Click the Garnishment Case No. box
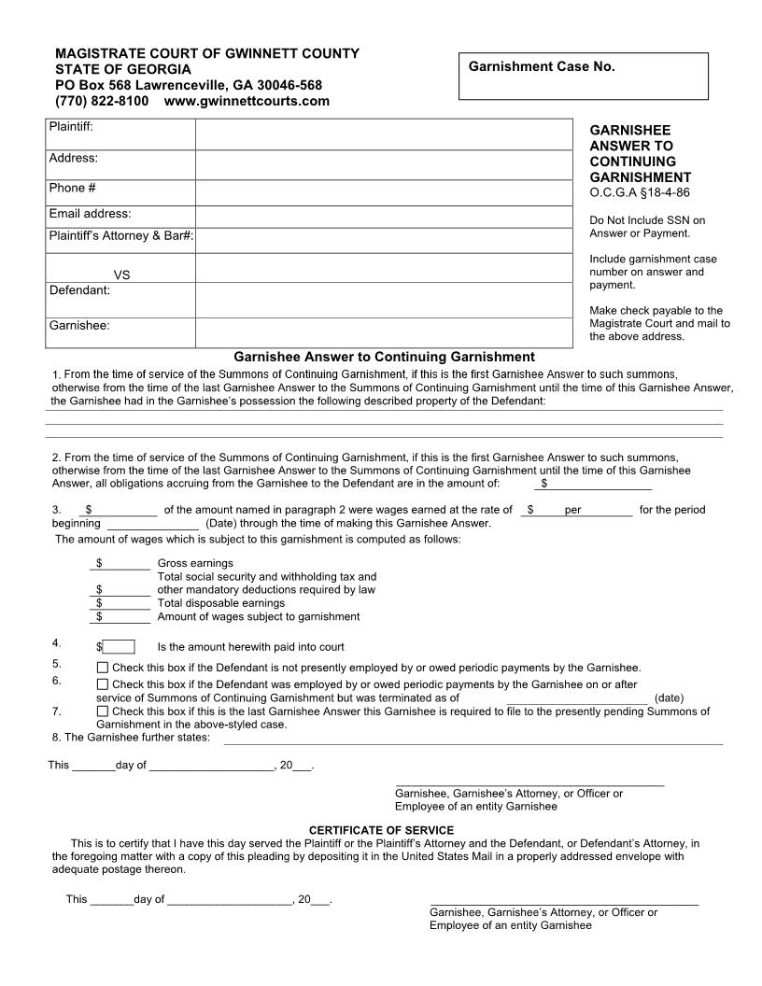click(584, 76)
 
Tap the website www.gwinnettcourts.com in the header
click(247, 101)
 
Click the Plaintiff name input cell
click(383, 134)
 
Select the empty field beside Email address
click(383, 216)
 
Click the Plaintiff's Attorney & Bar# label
click(121, 236)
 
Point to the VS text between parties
click(121, 275)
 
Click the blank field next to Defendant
click(383, 299)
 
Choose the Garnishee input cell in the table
click(383, 331)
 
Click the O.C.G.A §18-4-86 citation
click(640, 193)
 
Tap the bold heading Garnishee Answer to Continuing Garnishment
click(384, 357)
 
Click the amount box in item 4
click(119, 647)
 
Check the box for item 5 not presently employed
click(103, 668)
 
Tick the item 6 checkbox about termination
click(103, 684)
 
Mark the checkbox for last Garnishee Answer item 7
click(103, 711)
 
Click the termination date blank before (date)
click(577, 697)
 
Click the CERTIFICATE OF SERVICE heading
click(381, 830)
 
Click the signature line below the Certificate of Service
click(564, 903)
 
